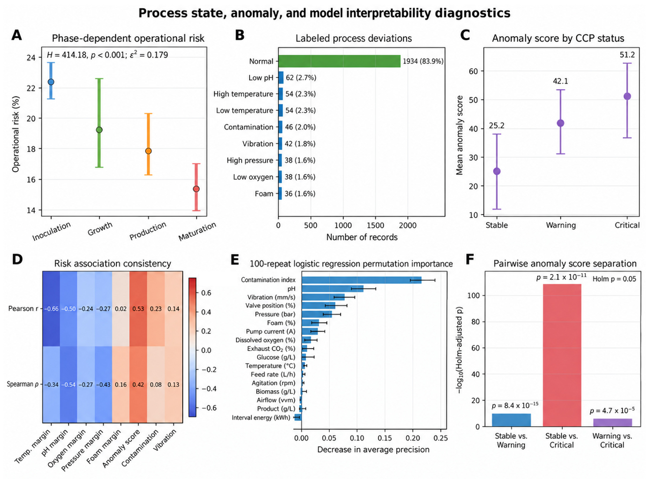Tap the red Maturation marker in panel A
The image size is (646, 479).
pos(196,189)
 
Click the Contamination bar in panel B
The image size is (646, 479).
pos(280,127)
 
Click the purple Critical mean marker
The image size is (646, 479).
pos(627,96)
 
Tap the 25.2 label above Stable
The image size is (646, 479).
pos(496,126)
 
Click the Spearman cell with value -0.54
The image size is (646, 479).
pos(69,384)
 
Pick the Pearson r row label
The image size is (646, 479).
pos(23,309)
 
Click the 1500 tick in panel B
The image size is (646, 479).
pos(375,225)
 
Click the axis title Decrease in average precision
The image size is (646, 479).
pos(373,449)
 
